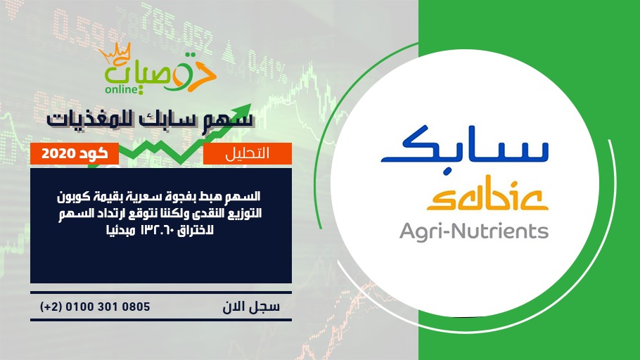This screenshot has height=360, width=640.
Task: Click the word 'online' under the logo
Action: pyautogui.click(x=121, y=89)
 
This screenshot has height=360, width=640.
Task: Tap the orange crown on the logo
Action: pyautogui.click(x=115, y=54)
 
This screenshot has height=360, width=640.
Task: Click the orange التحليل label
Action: pyautogui.click(x=248, y=153)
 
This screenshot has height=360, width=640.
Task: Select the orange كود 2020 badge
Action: pyautogui.click(x=75, y=153)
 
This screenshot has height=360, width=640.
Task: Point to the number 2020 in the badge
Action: pyautogui.click(x=58, y=154)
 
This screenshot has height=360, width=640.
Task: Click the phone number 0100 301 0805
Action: pyautogui.click(x=108, y=307)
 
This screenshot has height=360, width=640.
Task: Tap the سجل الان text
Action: pyautogui.click(x=251, y=307)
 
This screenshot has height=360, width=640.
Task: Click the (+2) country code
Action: pyautogui.click(x=51, y=307)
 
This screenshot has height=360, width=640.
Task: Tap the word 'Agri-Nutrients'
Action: pyautogui.click(x=474, y=231)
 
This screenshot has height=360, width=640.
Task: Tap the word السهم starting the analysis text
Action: pyautogui.click(x=245, y=197)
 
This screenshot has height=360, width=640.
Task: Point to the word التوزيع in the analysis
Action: pyautogui.click(x=245, y=214)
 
